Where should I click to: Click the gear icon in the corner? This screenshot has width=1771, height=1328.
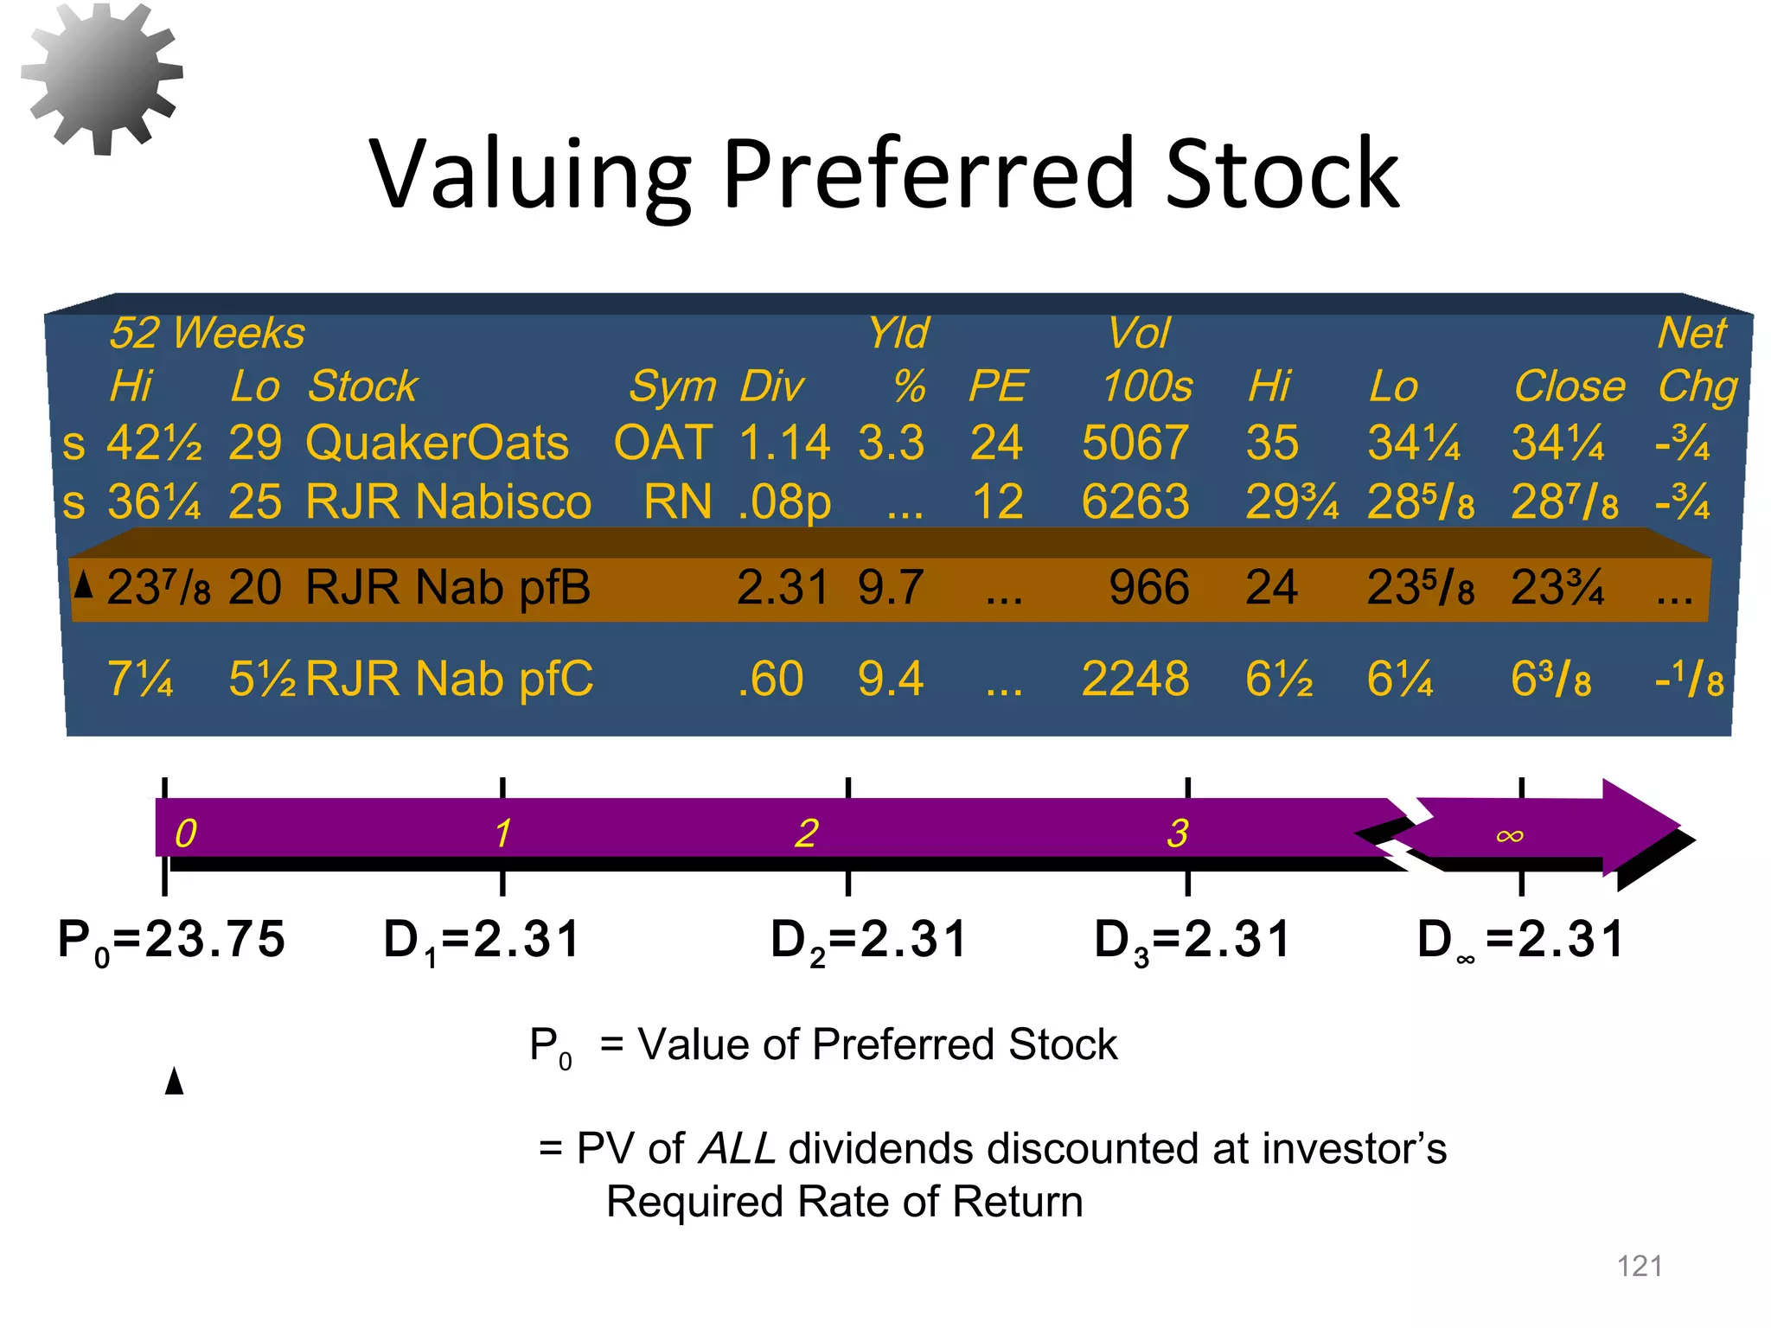click(101, 78)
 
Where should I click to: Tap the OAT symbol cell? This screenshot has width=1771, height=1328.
click(663, 443)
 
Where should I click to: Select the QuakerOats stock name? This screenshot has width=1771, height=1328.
click(438, 443)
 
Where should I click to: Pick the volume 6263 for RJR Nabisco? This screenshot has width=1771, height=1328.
click(1135, 501)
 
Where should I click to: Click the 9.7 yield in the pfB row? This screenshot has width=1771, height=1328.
click(891, 588)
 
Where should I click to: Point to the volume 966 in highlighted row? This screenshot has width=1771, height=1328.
click(1149, 588)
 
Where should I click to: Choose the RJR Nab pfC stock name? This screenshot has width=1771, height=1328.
click(450, 679)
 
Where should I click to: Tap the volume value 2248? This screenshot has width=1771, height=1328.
click(1135, 679)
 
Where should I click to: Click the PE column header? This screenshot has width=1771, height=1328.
click(997, 386)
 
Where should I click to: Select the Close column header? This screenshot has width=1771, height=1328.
click(1569, 386)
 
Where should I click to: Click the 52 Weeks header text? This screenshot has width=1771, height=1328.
click(208, 334)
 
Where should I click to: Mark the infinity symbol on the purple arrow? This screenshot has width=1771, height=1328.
click(1510, 835)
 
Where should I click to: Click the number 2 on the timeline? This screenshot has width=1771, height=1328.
click(806, 833)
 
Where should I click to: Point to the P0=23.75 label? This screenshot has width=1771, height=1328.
click(171, 941)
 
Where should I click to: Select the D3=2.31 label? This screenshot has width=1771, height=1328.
click(1192, 941)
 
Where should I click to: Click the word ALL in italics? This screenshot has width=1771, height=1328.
click(737, 1149)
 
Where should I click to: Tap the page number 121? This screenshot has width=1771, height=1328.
click(1640, 1267)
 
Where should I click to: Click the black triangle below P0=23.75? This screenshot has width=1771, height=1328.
click(175, 1081)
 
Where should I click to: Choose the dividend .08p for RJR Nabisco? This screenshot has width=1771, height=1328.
click(784, 501)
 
